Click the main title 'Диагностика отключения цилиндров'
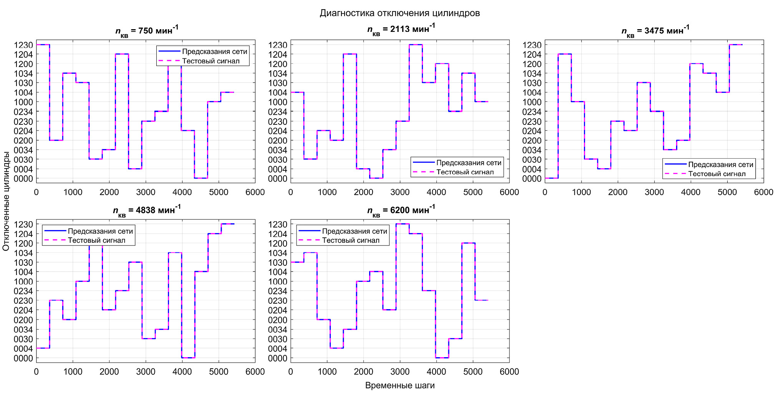(400, 13)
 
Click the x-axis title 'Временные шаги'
(400, 385)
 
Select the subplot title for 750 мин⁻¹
(147, 30)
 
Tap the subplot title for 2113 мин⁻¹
(401, 29)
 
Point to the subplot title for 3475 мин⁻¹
(655, 30)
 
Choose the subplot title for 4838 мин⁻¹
(147, 210)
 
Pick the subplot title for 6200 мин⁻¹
(401, 210)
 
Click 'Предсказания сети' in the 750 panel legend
(214, 51)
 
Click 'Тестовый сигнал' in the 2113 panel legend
(465, 172)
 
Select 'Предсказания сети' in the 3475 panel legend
(721, 164)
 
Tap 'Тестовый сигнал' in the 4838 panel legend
(96, 240)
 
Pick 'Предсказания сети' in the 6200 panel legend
(354, 231)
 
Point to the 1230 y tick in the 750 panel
(23, 45)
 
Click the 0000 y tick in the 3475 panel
(532, 179)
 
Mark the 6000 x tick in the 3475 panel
(763, 192)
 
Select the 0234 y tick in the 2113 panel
(278, 112)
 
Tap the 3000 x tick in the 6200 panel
(400, 372)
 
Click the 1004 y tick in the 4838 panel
(23, 272)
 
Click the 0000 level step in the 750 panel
(201, 178)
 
